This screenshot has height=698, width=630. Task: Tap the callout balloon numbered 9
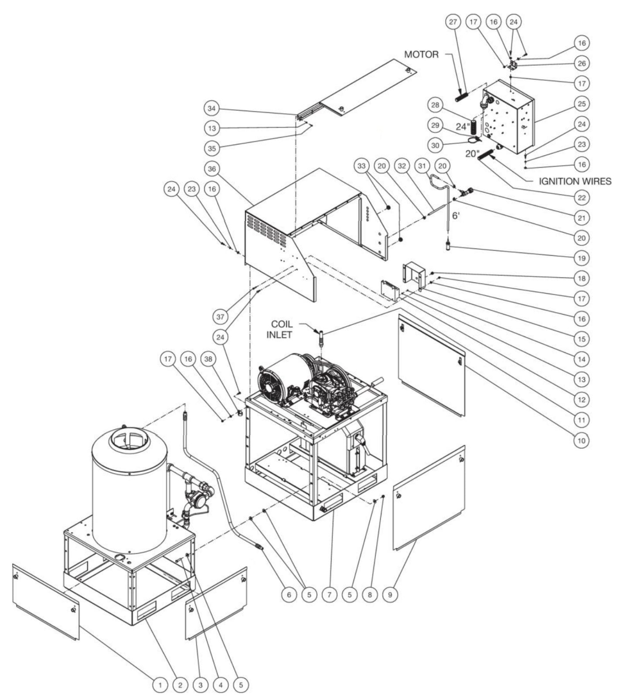(x=390, y=594)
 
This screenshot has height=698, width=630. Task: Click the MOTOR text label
(x=421, y=54)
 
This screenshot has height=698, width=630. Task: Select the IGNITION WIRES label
(x=575, y=181)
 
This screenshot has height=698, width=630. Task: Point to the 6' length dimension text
(x=455, y=216)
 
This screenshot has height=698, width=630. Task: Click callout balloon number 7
(x=329, y=594)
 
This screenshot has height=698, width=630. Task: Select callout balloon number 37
(x=221, y=317)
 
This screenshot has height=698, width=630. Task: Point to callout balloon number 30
(x=435, y=146)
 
